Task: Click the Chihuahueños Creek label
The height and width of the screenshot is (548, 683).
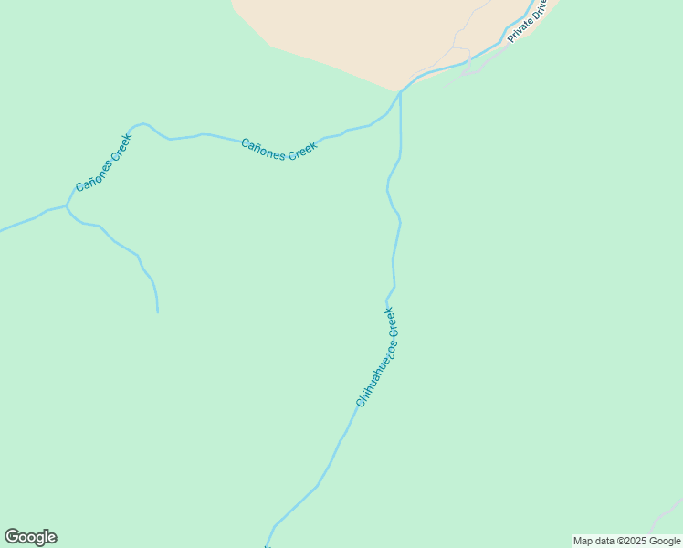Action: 376,357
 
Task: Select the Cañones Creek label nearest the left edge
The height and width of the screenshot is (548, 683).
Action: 103,163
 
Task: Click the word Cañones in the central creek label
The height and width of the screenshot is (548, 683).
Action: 263,146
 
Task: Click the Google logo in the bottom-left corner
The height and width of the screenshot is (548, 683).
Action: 30,537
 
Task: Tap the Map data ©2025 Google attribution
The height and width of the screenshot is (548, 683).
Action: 627,541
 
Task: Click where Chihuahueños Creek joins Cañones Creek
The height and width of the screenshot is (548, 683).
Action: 400,91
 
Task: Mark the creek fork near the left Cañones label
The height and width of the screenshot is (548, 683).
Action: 66,206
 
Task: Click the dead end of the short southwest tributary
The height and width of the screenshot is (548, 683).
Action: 158,312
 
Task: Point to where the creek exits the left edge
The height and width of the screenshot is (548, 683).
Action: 2,230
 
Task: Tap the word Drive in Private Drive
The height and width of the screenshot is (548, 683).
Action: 540,11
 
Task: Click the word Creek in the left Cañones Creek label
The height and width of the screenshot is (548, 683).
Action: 120,147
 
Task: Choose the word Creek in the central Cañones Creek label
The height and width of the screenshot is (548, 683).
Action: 302,151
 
